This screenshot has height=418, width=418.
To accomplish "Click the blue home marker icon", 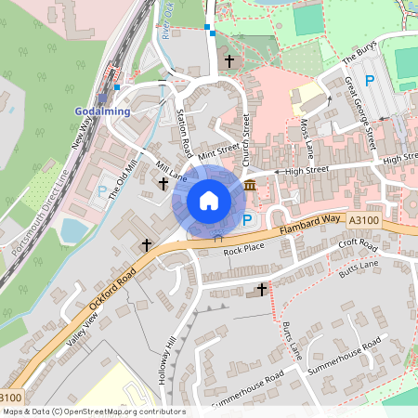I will pos(209,200).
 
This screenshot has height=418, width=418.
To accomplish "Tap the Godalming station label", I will pos(102,111).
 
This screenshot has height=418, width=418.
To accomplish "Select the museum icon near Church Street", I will pos(251,188).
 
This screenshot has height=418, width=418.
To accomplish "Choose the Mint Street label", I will pos(219,150).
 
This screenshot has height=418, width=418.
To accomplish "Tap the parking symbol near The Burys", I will pos(370,82).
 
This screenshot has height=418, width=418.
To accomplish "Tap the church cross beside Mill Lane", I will pos(163,185).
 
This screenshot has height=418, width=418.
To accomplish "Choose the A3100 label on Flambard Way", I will pos(364,219).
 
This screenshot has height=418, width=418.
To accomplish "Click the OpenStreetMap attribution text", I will pos(93,411).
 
